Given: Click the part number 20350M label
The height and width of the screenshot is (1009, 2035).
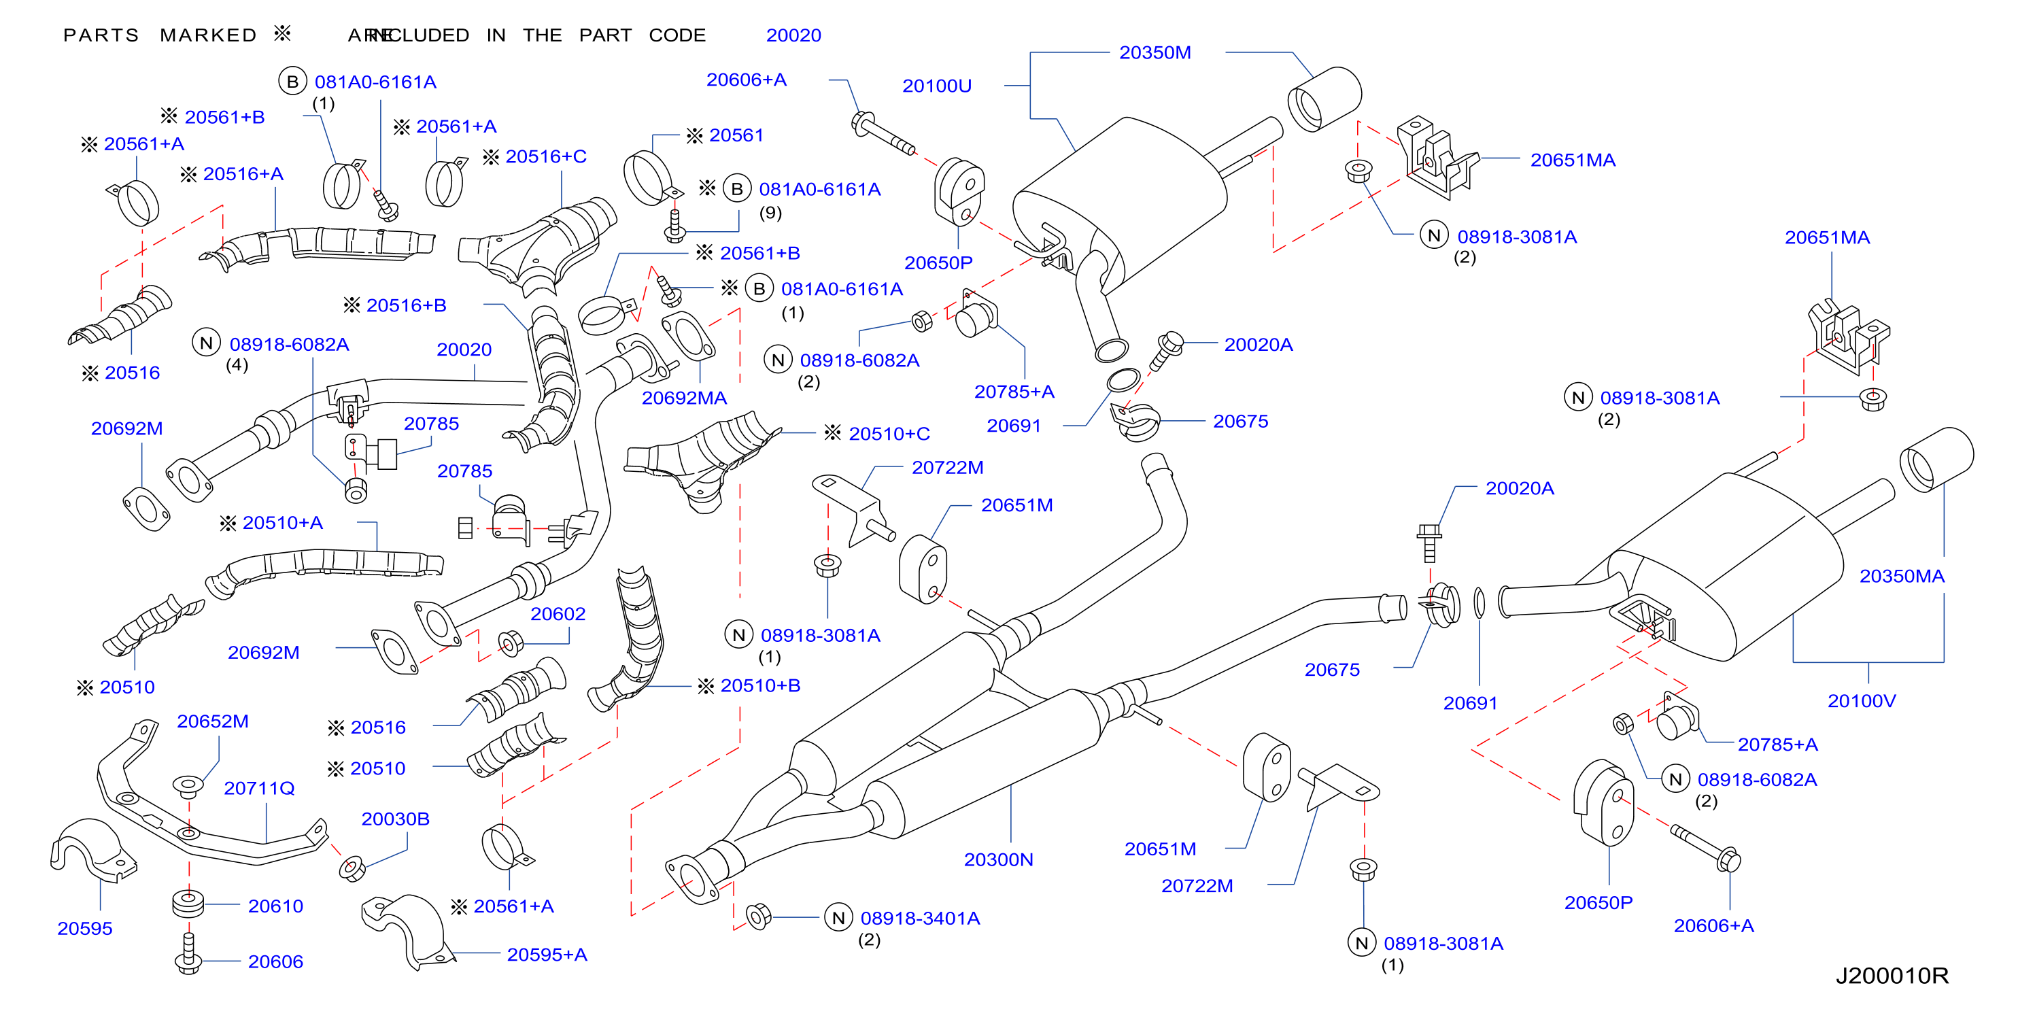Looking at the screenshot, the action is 1155,53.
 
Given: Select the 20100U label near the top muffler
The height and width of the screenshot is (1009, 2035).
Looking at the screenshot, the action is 936,86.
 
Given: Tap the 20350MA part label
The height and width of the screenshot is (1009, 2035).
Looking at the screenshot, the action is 1902,576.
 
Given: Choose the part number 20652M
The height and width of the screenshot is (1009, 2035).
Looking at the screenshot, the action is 213,721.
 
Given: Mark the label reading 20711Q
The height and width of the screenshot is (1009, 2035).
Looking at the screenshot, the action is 259,789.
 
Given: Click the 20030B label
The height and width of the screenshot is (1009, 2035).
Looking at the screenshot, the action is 395,819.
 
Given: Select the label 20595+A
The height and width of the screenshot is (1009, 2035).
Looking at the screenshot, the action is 547,955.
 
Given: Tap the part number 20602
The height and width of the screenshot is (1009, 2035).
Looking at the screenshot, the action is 558,614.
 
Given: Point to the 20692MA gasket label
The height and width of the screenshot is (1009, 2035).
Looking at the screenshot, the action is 683,398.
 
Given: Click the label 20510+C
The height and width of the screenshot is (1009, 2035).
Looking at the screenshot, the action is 889,434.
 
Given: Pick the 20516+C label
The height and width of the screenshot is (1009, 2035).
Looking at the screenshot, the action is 546,156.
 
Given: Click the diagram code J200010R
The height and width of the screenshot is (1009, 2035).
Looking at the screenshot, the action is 1892,976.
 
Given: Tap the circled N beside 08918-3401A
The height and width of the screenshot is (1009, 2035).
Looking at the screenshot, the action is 838,918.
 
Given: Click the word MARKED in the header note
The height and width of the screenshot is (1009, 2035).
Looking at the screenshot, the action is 208,35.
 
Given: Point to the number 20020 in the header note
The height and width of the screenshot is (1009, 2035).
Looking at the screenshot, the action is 793,35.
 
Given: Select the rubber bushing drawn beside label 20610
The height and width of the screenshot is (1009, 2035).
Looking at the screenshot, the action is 189,904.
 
